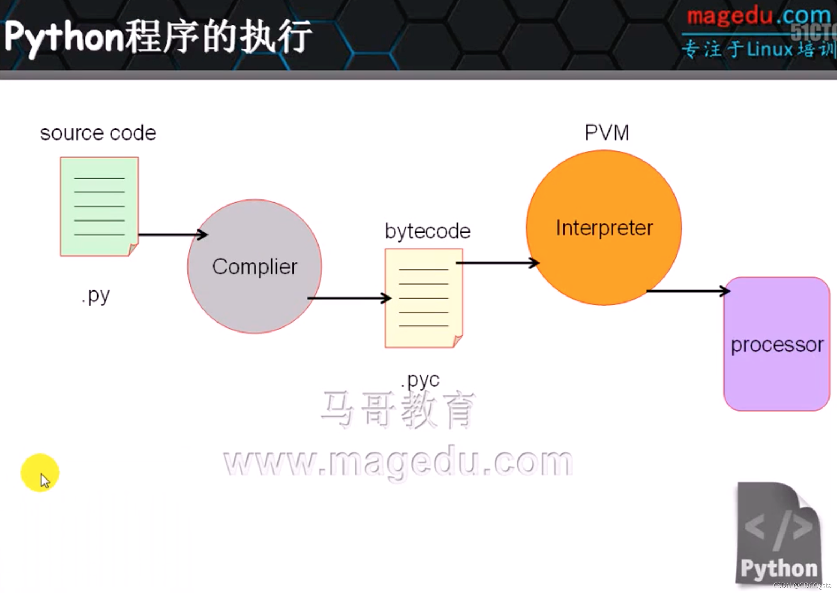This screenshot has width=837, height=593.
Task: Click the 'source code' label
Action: (98, 133)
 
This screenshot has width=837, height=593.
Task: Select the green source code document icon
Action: (99, 206)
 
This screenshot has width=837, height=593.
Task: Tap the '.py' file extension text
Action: (96, 296)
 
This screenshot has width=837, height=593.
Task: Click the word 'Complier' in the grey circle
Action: (255, 267)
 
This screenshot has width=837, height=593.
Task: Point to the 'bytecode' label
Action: (427, 231)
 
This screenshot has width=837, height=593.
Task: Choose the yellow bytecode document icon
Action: (424, 298)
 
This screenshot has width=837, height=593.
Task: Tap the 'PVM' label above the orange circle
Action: (607, 132)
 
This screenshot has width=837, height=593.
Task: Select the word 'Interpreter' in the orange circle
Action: (604, 228)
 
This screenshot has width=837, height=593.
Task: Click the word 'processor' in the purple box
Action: (777, 345)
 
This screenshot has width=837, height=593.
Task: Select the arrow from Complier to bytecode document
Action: (349, 298)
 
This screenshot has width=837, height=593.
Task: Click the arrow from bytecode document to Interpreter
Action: (497, 263)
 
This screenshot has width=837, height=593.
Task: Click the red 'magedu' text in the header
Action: (729, 16)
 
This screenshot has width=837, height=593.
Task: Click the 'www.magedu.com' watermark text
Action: (398, 462)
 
